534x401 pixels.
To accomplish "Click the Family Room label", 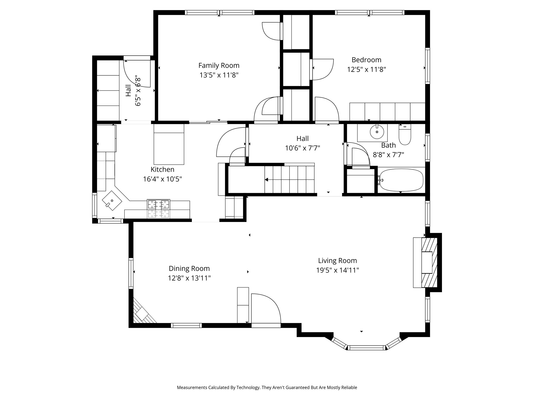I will click(x=219, y=65).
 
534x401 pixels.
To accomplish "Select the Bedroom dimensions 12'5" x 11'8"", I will click(x=366, y=69).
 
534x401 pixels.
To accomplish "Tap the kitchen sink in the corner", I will click(x=112, y=200).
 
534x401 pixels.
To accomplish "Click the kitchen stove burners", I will click(x=159, y=204).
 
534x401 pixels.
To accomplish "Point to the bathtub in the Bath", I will click(x=401, y=180).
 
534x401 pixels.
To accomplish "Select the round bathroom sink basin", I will click(x=377, y=132).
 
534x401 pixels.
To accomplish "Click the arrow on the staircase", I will click(x=267, y=180).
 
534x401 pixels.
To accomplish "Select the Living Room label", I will click(x=337, y=261).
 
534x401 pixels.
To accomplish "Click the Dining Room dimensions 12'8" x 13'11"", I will click(x=189, y=278).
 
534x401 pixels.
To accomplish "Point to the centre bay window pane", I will click(x=367, y=347).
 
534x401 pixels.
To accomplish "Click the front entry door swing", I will click(x=265, y=309).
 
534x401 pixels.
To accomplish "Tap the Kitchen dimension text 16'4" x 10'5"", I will click(x=162, y=179).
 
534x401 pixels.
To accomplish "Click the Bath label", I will click(x=388, y=145).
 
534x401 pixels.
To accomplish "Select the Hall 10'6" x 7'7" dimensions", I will click(x=302, y=148).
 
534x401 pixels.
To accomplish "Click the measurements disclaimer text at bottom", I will click(x=267, y=387).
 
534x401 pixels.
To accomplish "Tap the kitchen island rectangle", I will click(x=169, y=144).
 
